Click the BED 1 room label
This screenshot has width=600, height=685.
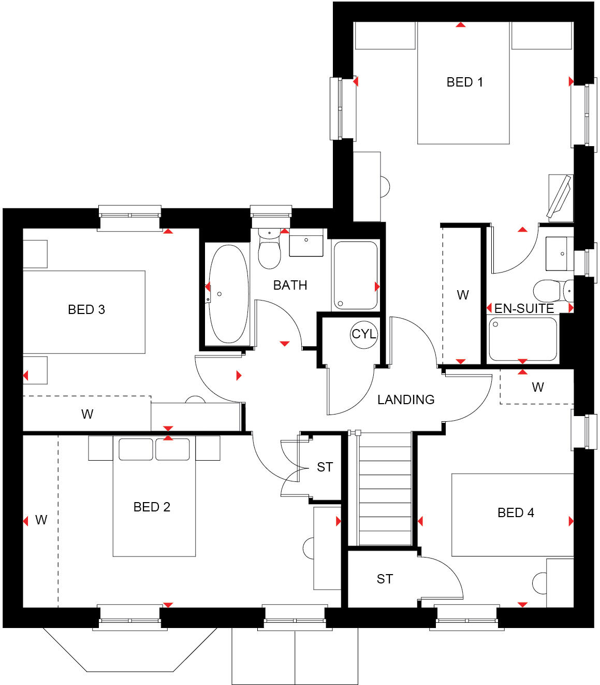(464, 82)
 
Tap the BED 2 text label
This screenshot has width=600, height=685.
(152, 507)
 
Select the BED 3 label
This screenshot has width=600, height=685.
(86, 309)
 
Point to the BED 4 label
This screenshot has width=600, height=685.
(516, 512)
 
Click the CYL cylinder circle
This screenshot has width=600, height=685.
(364, 334)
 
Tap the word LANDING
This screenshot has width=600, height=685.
(406, 399)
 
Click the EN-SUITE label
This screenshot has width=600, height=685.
(524, 309)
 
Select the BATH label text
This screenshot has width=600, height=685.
(290, 285)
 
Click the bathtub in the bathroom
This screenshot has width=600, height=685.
(228, 294)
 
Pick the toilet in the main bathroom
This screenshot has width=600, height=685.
(269, 251)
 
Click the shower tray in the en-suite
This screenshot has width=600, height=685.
(523, 339)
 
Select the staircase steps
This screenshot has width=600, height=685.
(385, 489)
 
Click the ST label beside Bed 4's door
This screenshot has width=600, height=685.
(385, 579)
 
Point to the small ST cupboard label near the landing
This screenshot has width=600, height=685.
(325, 467)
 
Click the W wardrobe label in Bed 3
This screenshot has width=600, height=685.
(87, 414)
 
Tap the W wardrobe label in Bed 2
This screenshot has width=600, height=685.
(41, 520)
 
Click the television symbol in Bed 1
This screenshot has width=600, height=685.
(560, 197)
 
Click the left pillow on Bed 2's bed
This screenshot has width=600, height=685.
(136, 449)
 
